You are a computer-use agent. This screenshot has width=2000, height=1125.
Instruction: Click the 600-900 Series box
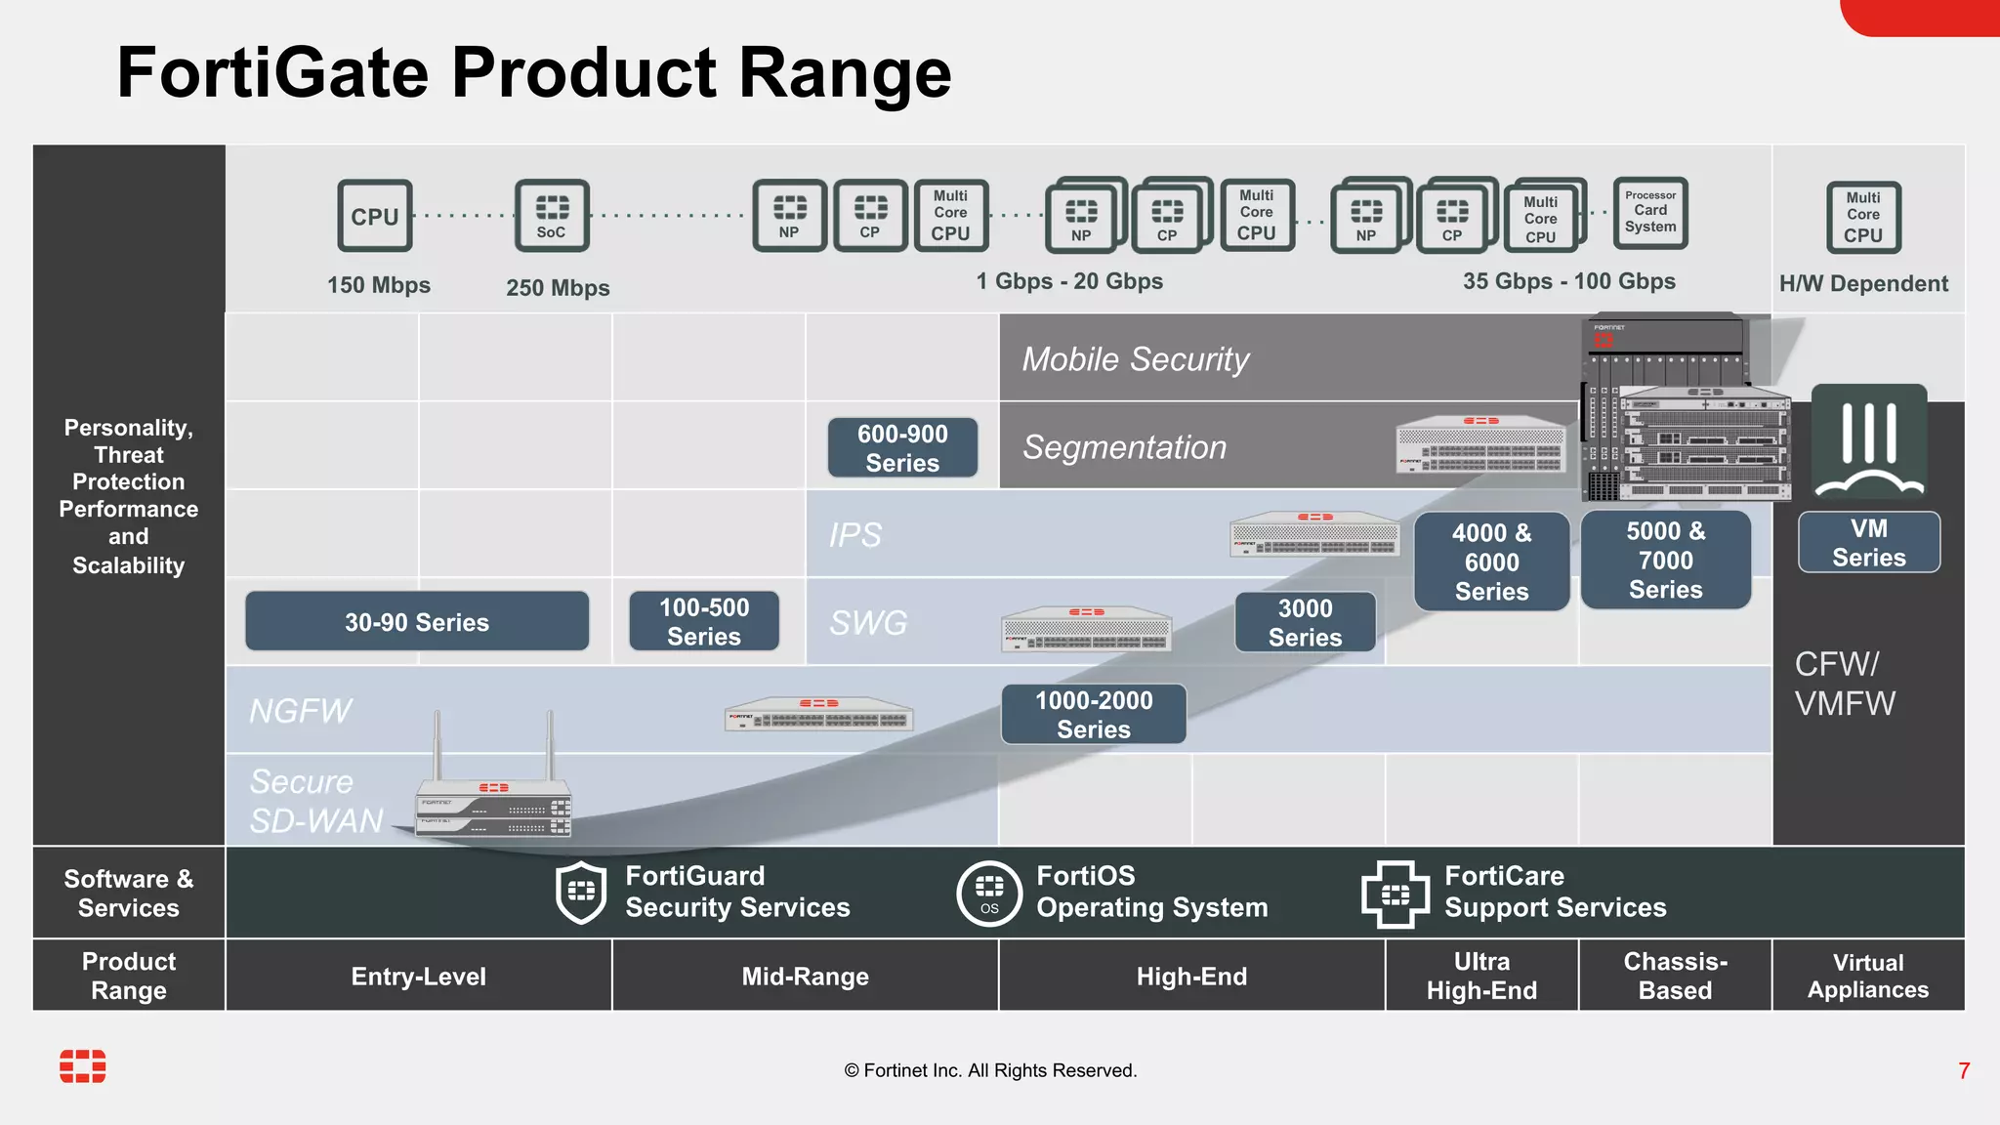coord(902,448)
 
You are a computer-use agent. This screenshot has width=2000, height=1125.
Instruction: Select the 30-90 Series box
coord(417,622)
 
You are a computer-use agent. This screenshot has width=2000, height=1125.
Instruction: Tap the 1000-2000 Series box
coord(1094,715)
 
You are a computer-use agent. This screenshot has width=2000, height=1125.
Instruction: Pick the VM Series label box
coord(1868,543)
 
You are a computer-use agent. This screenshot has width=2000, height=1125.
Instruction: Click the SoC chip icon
coord(552,216)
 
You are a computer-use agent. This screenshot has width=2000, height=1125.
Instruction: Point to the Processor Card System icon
coord(1650,212)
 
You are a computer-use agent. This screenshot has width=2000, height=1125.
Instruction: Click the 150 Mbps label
coord(379,285)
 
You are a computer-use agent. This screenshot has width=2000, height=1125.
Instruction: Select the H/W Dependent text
coord(1863,284)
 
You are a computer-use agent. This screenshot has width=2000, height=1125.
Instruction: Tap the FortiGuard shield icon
coord(581,892)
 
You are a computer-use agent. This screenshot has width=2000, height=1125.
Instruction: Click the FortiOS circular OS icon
coord(989,893)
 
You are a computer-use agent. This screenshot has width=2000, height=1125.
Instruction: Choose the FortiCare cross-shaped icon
coord(1395,894)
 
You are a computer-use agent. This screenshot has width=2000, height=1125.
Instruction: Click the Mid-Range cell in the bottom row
coord(805,977)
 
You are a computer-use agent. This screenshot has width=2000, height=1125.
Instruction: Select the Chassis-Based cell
coord(1675,977)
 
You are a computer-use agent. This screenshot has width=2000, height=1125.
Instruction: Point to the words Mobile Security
coord(1136,359)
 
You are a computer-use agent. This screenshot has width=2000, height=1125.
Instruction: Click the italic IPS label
coord(854,535)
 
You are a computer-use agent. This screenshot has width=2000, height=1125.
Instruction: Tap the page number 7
coord(1964,1071)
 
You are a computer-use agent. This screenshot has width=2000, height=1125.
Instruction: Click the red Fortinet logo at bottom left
coord(83,1066)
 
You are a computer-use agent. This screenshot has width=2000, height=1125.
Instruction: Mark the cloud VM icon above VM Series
coord(1869,441)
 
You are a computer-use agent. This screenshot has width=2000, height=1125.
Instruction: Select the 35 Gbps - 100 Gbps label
coord(1568,281)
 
